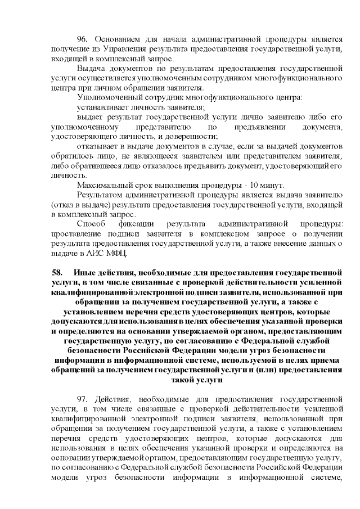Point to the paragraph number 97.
pyautogui.click(x=83, y=397)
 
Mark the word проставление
pyautogui.click(x=76, y=235)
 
